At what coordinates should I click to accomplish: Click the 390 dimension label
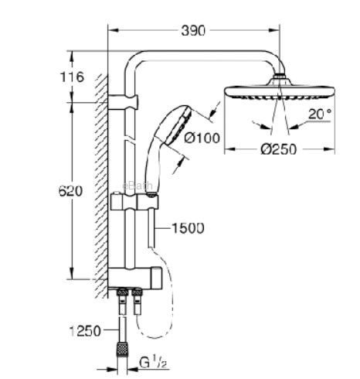click(x=193, y=31)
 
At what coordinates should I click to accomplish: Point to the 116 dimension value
click(x=72, y=77)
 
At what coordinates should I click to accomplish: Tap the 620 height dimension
click(x=70, y=191)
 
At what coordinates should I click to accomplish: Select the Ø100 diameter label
click(x=202, y=138)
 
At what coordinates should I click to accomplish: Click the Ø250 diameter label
click(x=279, y=149)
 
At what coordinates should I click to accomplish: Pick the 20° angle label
click(x=320, y=114)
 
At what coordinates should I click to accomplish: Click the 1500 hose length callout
click(x=188, y=228)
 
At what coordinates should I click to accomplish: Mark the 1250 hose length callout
click(x=85, y=331)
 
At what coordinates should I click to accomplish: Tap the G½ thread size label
click(x=153, y=363)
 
